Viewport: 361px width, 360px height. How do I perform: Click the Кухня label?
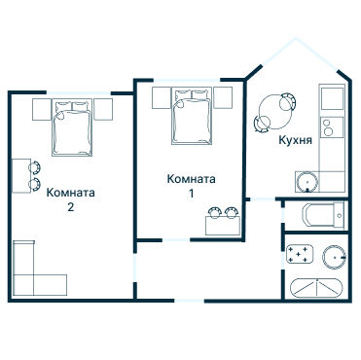tap(295, 140)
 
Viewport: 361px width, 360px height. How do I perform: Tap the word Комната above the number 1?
tap(191, 179)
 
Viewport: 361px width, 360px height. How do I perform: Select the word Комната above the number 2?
tap(70, 192)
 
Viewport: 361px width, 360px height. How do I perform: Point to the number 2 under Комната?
tap(70, 207)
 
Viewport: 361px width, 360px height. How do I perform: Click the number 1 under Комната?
tap(191, 194)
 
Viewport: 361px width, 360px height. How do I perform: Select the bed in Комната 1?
tap(192, 118)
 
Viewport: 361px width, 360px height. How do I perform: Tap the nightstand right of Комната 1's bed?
tap(223, 96)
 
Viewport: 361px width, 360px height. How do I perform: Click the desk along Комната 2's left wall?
tap(20, 175)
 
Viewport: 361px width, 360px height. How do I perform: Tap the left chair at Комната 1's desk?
tap(214, 212)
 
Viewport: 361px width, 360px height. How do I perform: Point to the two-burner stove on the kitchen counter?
tap(331, 126)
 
